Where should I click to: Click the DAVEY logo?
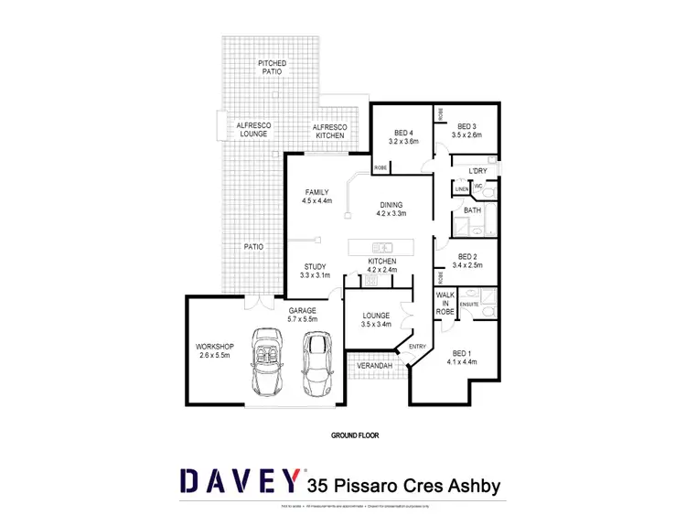tap(241, 482)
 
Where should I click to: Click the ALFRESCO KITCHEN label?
tap(328, 131)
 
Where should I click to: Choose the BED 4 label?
tap(403, 131)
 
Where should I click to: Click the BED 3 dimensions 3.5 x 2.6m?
tap(467, 135)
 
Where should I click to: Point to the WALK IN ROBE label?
tap(445, 303)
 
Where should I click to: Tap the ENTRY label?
tap(417, 346)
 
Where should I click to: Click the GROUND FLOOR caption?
tap(354, 436)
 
